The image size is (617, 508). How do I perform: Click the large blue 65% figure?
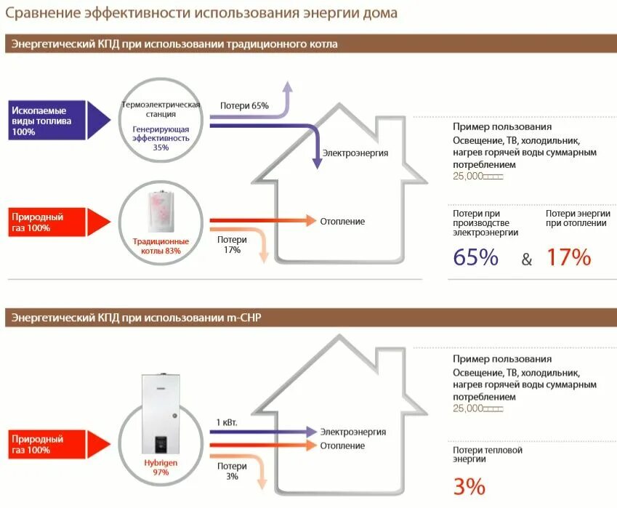click(475, 257)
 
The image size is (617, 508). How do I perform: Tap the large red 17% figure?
click(568, 257)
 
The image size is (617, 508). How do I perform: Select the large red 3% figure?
click(469, 486)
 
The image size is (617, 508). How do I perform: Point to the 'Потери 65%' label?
click(244, 106)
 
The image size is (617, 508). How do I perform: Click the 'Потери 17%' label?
click(232, 244)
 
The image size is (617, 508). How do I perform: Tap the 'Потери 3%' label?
click(232, 471)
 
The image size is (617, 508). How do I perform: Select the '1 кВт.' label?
click(227, 422)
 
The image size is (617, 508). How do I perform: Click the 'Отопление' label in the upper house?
click(342, 222)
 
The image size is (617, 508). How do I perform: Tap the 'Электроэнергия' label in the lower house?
click(353, 432)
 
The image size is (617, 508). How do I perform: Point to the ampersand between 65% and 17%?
click(527, 259)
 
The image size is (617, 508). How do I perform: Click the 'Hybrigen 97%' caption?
click(161, 467)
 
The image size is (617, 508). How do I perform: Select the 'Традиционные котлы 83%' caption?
click(161, 246)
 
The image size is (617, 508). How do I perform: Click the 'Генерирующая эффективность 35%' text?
click(161, 137)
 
